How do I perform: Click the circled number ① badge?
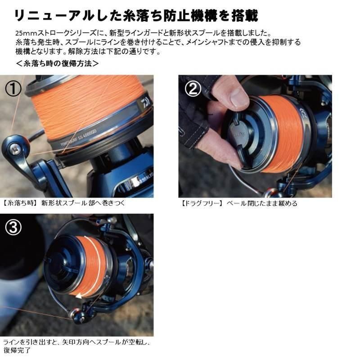tap(13, 88)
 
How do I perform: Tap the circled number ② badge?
tap(193, 89)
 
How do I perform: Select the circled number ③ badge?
tap(13, 228)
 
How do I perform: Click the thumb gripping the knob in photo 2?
tap(234, 97)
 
